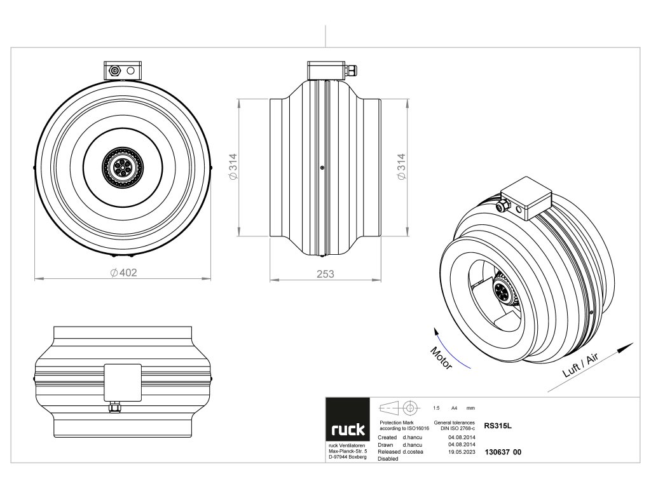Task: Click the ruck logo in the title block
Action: point(347,430)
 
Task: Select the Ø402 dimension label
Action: point(123,273)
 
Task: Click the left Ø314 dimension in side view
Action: point(233,167)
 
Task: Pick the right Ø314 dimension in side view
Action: point(401,167)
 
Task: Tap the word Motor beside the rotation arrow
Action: point(441,358)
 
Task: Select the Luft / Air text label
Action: point(581,367)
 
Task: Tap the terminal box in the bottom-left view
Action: point(122,382)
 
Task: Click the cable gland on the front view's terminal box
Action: point(116,71)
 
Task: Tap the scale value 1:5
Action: point(435,407)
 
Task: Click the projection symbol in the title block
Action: point(401,407)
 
